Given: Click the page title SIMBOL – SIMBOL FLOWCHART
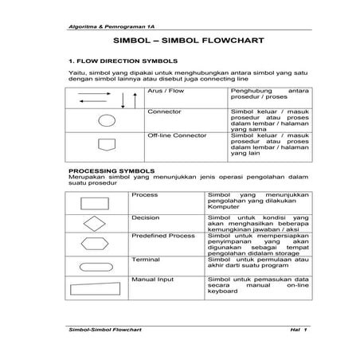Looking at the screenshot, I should click(179, 41).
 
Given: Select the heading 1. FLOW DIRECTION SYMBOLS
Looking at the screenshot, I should click(119, 61).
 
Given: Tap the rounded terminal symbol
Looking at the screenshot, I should click(95, 266).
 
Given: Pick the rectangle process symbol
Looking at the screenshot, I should click(95, 202).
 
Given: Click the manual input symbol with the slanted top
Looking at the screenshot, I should click(95, 287).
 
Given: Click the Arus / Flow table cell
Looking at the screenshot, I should click(165, 92).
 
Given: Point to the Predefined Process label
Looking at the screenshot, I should click(162, 237).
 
